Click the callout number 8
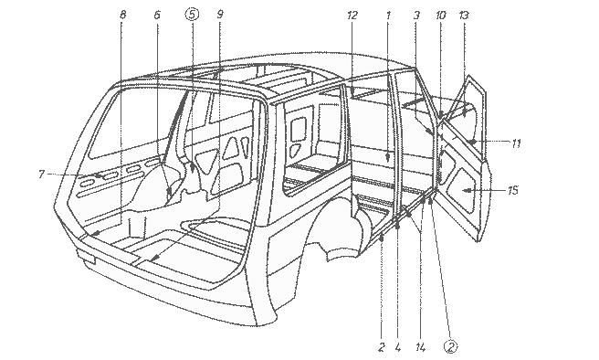click(122, 15)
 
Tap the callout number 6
click(157, 15)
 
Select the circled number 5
click(192, 15)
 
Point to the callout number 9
click(220, 15)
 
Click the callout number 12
click(352, 16)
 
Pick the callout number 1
click(388, 16)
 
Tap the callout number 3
click(416, 16)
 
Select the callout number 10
click(440, 16)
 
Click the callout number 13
click(463, 16)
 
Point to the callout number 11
click(516, 143)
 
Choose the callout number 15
click(513, 190)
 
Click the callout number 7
click(41, 175)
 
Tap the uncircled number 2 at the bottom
click(382, 347)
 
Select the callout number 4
click(398, 347)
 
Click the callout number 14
click(420, 347)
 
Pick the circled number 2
click(451, 346)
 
